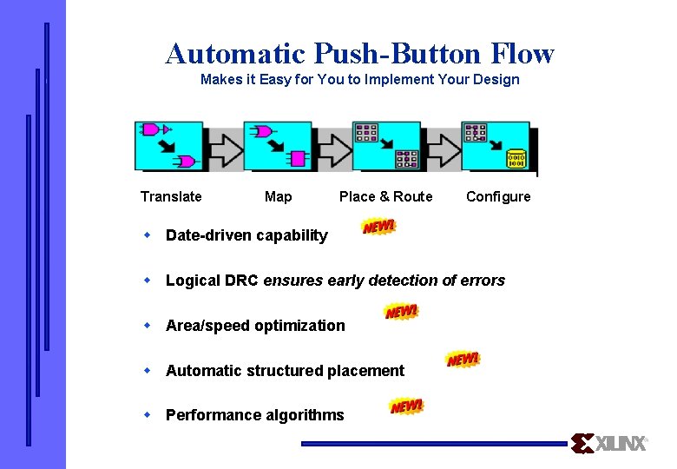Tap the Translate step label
[171, 196]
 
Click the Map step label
[278, 196]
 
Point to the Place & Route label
[385, 196]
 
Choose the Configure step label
[498, 196]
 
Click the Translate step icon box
[169, 146]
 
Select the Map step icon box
[278, 146]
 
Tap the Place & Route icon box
[386, 146]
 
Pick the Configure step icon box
[496, 146]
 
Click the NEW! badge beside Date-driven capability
[378, 227]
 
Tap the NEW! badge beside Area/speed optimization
[401, 312]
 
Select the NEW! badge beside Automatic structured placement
[463, 359]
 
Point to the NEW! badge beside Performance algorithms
[406, 406]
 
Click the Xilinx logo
[609, 443]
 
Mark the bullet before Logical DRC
[148, 280]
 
